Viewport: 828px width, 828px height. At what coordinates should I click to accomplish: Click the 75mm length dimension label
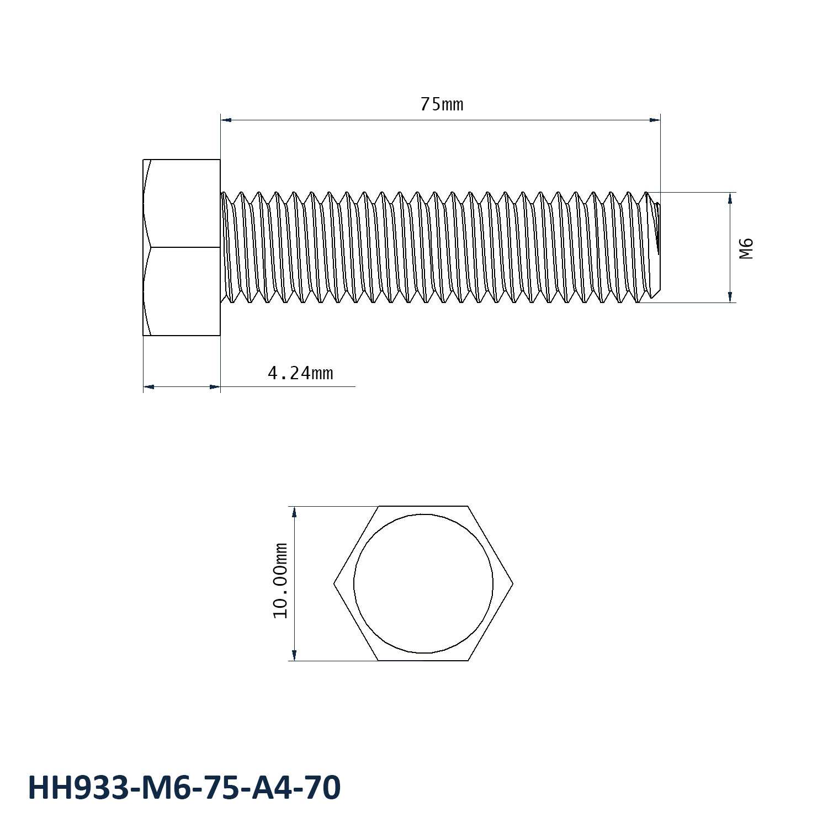click(442, 104)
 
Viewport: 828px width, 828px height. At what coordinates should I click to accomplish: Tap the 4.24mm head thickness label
click(300, 374)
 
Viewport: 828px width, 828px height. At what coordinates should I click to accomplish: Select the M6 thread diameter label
click(746, 248)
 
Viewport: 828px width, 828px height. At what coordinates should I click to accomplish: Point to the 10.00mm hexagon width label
click(281, 580)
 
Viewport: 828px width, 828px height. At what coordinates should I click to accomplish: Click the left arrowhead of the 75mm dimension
click(226, 119)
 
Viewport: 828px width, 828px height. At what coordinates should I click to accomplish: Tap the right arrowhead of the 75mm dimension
click(655, 119)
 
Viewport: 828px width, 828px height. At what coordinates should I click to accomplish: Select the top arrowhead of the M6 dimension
click(730, 198)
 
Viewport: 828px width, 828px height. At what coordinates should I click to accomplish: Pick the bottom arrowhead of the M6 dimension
click(730, 297)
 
